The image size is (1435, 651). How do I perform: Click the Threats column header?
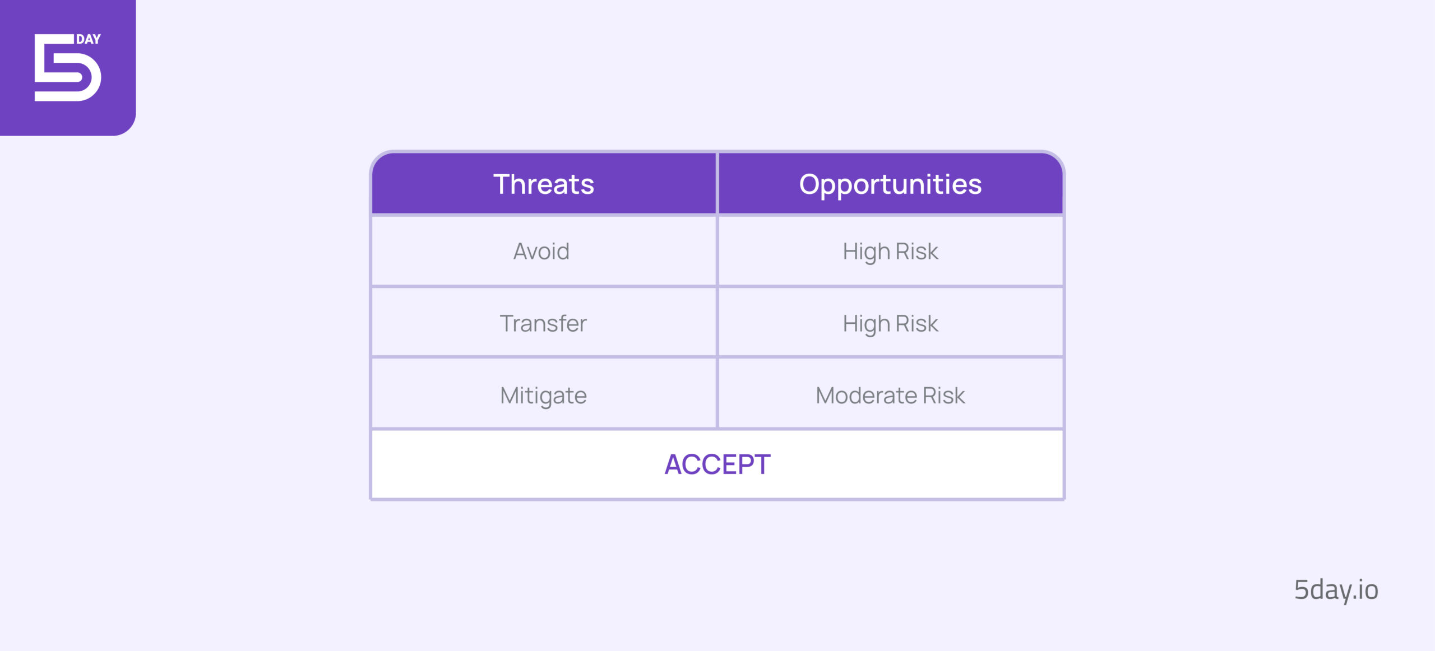click(x=543, y=184)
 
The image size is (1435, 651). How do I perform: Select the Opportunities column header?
click(x=890, y=184)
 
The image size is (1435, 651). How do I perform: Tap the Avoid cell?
click(x=543, y=251)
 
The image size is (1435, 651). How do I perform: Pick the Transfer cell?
click(x=543, y=323)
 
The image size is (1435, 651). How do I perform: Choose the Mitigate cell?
click(x=543, y=394)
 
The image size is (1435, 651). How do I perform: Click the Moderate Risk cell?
click(x=890, y=394)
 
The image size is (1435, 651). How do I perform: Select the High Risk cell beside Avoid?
click(x=890, y=251)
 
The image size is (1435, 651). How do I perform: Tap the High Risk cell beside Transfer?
click(x=890, y=323)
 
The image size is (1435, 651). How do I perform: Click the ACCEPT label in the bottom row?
click(x=717, y=464)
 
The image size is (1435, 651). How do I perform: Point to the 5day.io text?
click(x=1336, y=590)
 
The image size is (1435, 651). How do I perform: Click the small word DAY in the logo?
click(x=89, y=39)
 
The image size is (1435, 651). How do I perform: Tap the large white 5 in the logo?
click(x=68, y=68)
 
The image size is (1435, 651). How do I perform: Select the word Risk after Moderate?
click(x=944, y=395)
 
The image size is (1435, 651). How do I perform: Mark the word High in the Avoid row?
click(x=867, y=252)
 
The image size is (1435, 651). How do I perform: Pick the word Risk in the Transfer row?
click(x=917, y=323)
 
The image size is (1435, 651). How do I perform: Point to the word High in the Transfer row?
click(x=867, y=324)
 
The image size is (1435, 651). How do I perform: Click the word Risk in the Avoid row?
click(x=917, y=251)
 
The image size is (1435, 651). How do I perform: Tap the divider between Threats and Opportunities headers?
click(x=717, y=183)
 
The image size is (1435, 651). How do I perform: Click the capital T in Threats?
click(x=503, y=184)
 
